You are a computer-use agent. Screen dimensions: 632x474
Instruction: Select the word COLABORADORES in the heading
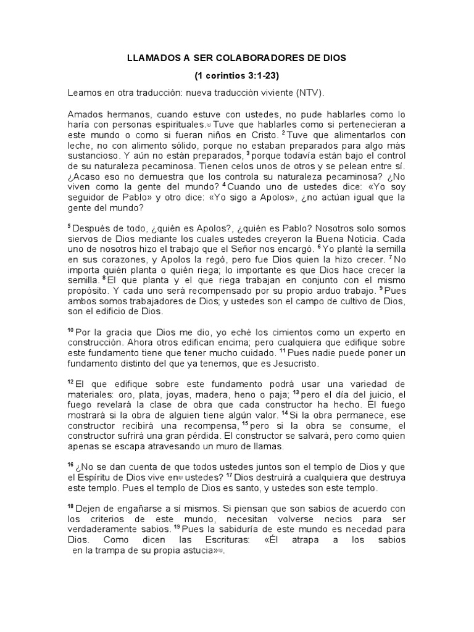point(270,58)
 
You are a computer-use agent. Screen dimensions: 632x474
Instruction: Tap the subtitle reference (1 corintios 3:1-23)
point(237,76)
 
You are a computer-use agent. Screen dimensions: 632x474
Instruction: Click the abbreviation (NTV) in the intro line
point(309,93)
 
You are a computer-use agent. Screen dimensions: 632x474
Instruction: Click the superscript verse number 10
point(70,331)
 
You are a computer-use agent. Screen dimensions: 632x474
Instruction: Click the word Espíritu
point(95,478)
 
